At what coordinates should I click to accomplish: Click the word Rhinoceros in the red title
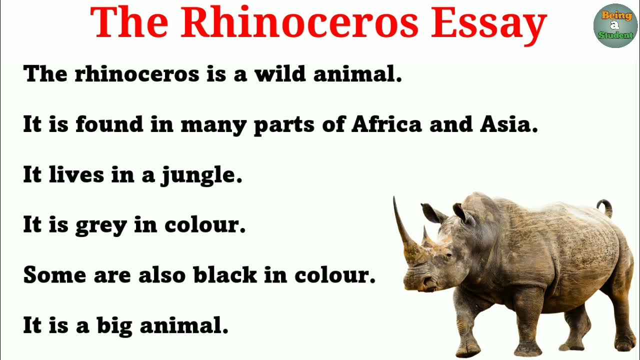click(x=299, y=23)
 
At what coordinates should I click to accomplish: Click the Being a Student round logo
click(x=615, y=25)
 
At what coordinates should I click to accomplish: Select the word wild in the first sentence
click(x=280, y=74)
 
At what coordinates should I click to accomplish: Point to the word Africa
click(x=386, y=124)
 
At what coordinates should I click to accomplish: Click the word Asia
click(x=508, y=124)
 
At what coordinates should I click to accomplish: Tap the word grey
click(x=101, y=226)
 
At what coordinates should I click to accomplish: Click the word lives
click(x=76, y=174)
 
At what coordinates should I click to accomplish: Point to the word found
click(x=109, y=124)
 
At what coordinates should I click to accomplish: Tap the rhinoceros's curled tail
click(x=605, y=206)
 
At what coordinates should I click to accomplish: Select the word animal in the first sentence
click(x=357, y=74)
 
